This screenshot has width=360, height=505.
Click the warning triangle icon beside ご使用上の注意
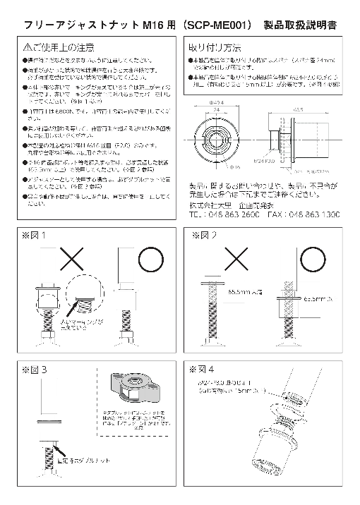26,47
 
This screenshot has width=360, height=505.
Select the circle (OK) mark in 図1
150,260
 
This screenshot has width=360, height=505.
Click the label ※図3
34,368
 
